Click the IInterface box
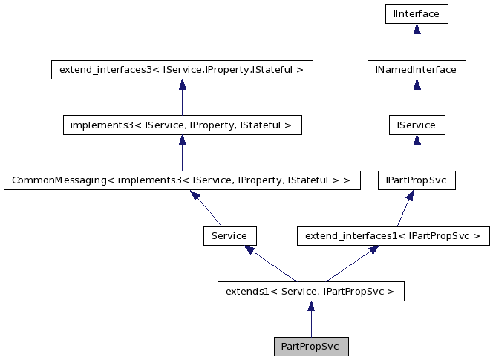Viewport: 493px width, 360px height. coord(417,14)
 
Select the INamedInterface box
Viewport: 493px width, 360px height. coord(417,70)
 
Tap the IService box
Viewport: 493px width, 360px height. coord(417,125)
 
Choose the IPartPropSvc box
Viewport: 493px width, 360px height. coord(417,180)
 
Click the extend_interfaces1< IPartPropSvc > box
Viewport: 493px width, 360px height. coord(393,236)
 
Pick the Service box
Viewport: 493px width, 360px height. coord(229,236)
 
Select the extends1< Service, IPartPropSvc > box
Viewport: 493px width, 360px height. coord(311,292)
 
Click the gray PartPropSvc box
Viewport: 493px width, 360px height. coord(311,347)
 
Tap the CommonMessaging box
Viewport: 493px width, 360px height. coord(182,180)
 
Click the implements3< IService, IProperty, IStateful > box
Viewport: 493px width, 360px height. coord(182,125)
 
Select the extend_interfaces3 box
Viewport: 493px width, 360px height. coord(182,70)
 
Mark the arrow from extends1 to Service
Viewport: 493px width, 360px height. coord(270,264)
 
